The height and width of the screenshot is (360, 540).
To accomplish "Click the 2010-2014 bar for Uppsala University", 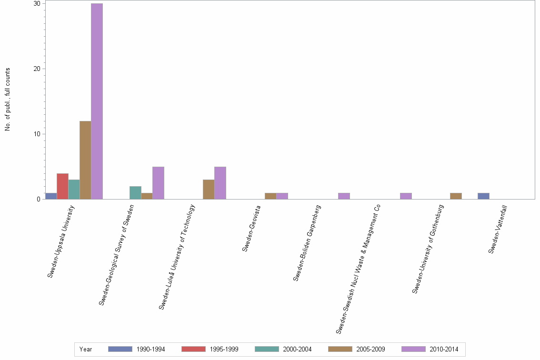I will point(97,101).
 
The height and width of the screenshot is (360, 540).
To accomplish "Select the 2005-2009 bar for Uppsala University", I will point(85,160).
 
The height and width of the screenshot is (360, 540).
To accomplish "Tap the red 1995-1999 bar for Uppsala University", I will point(62,186).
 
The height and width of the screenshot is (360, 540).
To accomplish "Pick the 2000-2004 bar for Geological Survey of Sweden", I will point(135,192).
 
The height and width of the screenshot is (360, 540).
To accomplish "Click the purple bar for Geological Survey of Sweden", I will point(158,183).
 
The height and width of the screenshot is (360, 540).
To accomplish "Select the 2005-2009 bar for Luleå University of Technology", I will point(209,189).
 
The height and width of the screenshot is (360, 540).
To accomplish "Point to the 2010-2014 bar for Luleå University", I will point(220,183).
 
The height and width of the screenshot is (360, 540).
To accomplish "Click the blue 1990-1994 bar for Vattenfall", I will point(483,196).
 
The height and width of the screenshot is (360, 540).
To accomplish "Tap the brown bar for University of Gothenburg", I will point(456,196).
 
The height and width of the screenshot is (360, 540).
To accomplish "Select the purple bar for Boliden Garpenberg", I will point(344,196).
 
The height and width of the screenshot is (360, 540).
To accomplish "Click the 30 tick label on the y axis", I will point(36,3).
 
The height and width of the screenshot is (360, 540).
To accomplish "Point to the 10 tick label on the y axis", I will point(36,134).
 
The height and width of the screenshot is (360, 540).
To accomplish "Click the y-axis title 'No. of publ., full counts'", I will point(8,100).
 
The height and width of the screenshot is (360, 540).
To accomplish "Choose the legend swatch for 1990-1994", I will point(120,349).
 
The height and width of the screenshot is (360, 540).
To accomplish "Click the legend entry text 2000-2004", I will point(297,349).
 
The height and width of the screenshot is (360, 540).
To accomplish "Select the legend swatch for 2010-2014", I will point(413,349).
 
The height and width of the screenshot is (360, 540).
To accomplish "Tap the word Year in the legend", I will point(86,349).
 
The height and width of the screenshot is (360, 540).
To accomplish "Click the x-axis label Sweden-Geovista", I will point(251,228).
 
